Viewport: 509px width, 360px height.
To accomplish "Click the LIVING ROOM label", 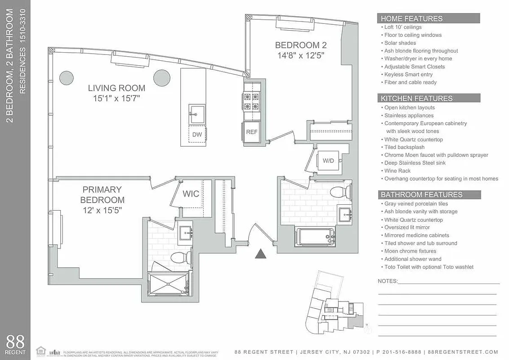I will coord(116,88).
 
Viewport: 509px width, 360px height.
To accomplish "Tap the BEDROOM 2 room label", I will coord(300,45).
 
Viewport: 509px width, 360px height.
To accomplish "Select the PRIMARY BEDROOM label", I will coord(102,189).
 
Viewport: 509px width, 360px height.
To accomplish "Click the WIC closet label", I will coord(191,194).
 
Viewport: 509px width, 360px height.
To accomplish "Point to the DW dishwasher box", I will coord(196,135).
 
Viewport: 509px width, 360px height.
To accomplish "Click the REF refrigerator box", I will coord(251,132).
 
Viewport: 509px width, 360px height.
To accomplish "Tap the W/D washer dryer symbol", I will coord(328,161).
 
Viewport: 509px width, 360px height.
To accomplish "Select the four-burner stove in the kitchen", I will coord(251,101).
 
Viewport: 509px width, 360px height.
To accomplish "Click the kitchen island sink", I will coord(196,113).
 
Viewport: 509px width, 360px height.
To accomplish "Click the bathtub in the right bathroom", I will coord(315,236).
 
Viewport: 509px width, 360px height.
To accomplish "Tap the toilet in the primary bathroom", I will coord(180,258).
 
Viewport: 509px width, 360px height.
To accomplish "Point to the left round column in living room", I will coord(67,77).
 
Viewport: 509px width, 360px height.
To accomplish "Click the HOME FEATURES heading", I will coord(411,18).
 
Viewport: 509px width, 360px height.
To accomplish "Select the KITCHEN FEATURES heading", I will coord(416,98).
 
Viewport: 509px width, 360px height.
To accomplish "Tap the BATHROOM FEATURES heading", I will coord(421,194).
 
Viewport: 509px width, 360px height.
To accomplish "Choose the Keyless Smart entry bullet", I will coord(408,74).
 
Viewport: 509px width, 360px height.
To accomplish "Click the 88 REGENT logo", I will coord(15,344).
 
